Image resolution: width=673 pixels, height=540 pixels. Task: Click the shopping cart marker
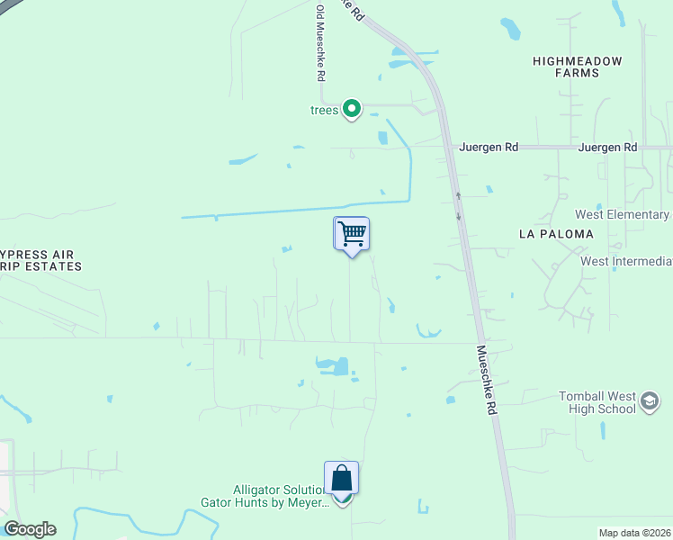tap(352, 235)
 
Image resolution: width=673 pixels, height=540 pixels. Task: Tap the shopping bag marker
tap(342, 478)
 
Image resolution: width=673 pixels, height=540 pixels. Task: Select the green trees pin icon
tap(352, 110)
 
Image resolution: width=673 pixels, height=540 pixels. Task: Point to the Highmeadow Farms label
tap(577, 67)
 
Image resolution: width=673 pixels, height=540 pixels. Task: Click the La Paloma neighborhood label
tap(556, 234)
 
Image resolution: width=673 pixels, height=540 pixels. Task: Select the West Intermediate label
tap(626, 262)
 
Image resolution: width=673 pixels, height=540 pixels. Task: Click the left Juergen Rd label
tap(489, 147)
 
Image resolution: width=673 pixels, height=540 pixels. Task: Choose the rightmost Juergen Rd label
tap(607, 147)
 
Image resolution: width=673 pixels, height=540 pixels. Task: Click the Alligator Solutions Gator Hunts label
tap(278, 496)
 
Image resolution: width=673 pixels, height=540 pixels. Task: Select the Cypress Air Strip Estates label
tap(41, 260)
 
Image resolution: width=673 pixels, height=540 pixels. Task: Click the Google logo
tap(30, 529)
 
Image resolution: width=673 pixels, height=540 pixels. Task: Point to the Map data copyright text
tap(634, 533)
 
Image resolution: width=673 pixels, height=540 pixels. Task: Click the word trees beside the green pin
tap(324, 111)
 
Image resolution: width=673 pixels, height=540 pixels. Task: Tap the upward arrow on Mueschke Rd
tap(457, 195)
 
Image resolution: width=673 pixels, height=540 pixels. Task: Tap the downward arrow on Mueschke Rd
tap(459, 216)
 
